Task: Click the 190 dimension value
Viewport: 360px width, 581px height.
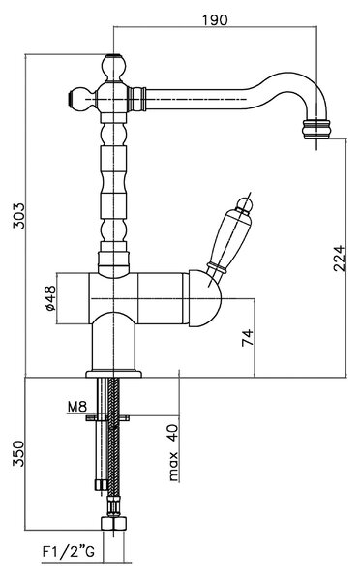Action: pos(215,19)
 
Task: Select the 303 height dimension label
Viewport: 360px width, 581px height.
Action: pos(19,216)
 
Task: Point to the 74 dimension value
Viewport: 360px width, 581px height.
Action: pos(248,337)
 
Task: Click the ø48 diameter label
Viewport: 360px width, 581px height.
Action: pos(49,298)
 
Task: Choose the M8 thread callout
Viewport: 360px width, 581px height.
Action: pos(77,407)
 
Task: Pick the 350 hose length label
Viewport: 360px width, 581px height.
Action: pos(18,453)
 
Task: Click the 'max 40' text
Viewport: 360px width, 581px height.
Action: pos(173,453)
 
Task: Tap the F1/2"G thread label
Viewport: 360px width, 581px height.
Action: pos(68,552)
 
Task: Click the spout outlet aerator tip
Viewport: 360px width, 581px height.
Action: pos(316,130)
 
